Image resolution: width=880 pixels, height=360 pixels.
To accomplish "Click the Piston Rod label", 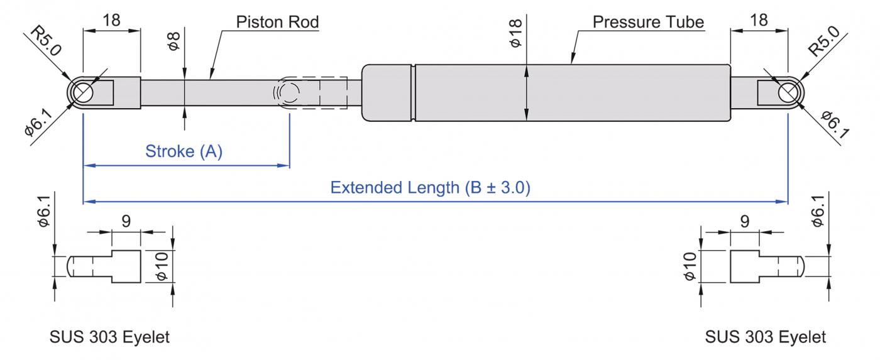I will pyautogui.click(x=277, y=22).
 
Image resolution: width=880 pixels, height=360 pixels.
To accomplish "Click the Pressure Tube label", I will pyautogui.click(x=648, y=22).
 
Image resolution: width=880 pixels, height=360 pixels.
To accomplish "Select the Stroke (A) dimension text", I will pyautogui.click(x=184, y=151).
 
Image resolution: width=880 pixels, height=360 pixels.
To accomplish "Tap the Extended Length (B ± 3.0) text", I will pyautogui.click(x=431, y=187).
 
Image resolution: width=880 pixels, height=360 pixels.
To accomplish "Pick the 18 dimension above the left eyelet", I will pyautogui.click(x=111, y=19).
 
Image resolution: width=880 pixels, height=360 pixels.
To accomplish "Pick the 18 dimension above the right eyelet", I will pyautogui.click(x=759, y=19).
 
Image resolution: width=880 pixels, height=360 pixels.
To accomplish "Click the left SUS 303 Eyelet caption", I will pyautogui.click(x=109, y=337).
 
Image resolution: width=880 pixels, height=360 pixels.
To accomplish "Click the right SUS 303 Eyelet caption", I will pyautogui.click(x=765, y=337).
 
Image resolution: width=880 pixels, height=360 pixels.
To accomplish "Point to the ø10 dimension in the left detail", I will pyautogui.click(x=162, y=266).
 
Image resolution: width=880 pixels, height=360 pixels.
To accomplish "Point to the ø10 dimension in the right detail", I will pyautogui.click(x=690, y=266).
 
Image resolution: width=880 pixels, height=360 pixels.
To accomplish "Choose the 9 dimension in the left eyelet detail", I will pyautogui.click(x=126, y=221).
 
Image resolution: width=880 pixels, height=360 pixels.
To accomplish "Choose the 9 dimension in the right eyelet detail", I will pyautogui.click(x=745, y=221).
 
